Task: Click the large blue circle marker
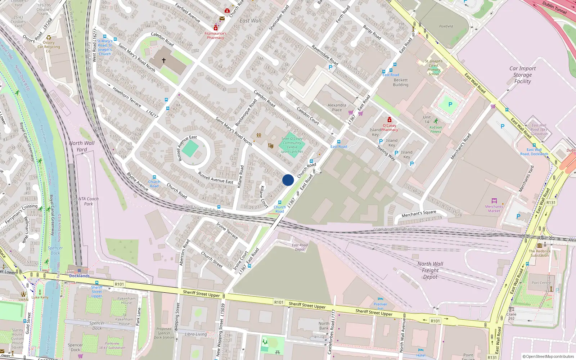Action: (x=288, y=180)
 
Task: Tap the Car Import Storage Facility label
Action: (x=522, y=75)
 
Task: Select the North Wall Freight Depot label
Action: (x=431, y=270)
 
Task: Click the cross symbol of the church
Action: (x=164, y=60)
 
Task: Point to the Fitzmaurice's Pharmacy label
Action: (x=215, y=35)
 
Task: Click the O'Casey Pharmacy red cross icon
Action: (x=389, y=120)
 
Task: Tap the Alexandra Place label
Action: (x=337, y=108)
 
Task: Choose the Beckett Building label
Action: (x=401, y=82)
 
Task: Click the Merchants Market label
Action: (x=494, y=208)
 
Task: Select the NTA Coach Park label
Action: (x=89, y=201)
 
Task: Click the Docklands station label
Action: (x=79, y=276)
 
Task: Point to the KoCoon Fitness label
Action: (x=436, y=129)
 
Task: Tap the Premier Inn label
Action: (x=380, y=306)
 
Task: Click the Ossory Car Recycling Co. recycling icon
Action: (x=49, y=37)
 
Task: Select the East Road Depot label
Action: (x=300, y=247)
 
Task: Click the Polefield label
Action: (x=446, y=26)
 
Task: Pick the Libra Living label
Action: (x=196, y=334)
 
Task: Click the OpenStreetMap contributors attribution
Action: (x=548, y=357)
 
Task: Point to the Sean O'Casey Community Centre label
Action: (x=292, y=145)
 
